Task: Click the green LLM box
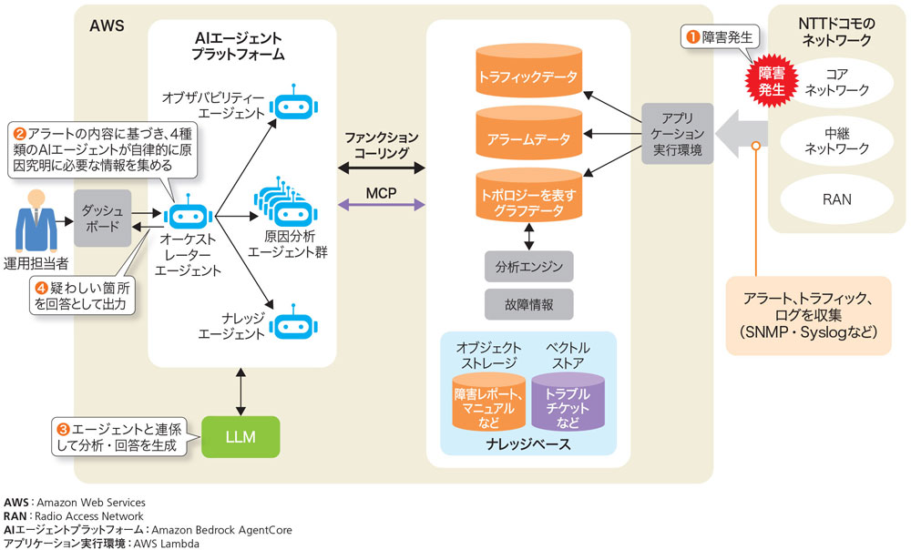pyautogui.click(x=241, y=437)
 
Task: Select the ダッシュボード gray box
pyautogui.click(x=102, y=219)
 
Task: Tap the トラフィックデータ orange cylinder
pyautogui.click(x=528, y=71)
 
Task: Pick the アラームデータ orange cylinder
pyautogui.click(x=528, y=133)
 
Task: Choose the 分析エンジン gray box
pyautogui.click(x=528, y=267)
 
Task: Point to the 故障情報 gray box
pyautogui.click(x=528, y=304)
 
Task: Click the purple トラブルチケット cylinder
pyautogui.click(x=568, y=402)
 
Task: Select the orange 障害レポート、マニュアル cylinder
pyautogui.click(x=488, y=402)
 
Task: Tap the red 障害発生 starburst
pyautogui.click(x=772, y=81)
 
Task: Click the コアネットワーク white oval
pyautogui.click(x=836, y=82)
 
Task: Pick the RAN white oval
pyautogui.click(x=836, y=199)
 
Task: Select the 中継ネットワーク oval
pyautogui.click(x=836, y=140)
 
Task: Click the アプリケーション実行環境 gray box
pyautogui.click(x=678, y=134)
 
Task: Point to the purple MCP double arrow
pyautogui.click(x=381, y=205)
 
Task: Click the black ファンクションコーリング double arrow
pyautogui.click(x=381, y=168)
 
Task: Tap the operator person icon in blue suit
pyautogui.click(x=36, y=222)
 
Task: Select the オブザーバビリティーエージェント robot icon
pyautogui.click(x=293, y=105)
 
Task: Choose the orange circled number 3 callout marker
pyautogui.click(x=63, y=429)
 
